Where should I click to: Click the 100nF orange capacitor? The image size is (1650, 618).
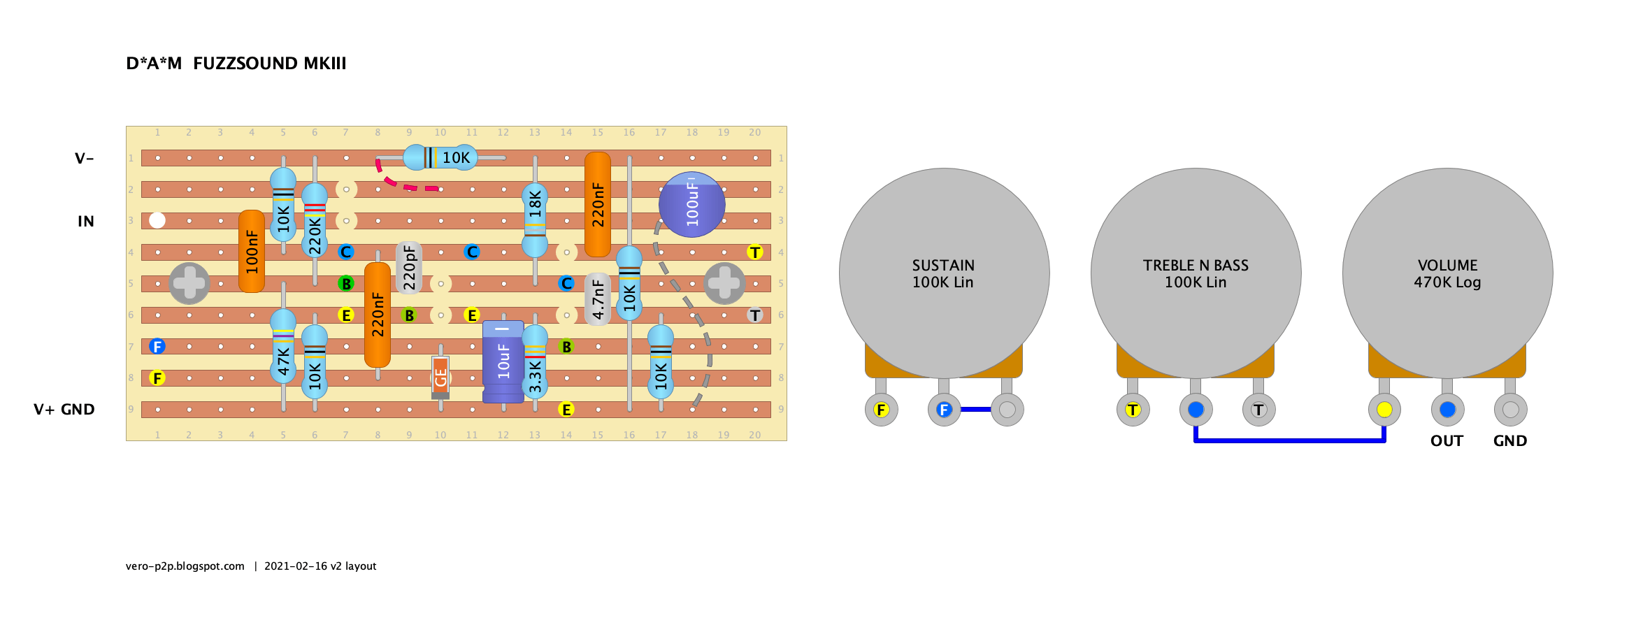click(252, 252)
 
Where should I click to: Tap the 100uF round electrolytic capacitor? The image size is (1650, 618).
click(692, 205)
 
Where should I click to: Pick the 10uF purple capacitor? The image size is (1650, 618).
click(503, 361)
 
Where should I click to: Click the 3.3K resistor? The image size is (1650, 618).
click(535, 362)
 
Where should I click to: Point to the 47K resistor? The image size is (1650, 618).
click(283, 347)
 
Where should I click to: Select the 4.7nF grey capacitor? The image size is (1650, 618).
click(598, 299)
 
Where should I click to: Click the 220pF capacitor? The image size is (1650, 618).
click(409, 268)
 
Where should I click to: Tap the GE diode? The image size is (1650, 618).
click(440, 377)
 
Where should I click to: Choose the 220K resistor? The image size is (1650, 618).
click(315, 221)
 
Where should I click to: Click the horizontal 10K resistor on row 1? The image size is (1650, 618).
click(440, 157)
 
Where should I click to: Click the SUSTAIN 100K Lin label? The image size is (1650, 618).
click(943, 274)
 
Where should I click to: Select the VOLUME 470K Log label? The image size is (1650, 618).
click(1447, 274)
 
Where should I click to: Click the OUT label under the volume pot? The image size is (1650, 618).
click(1447, 441)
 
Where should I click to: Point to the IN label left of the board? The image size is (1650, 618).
click(86, 222)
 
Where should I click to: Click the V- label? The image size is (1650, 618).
click(84, 159)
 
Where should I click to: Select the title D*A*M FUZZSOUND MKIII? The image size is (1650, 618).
click(236, 64)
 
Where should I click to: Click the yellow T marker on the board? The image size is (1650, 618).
click(755, 252)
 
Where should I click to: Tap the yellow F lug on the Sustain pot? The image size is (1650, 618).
click(881, 410)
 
